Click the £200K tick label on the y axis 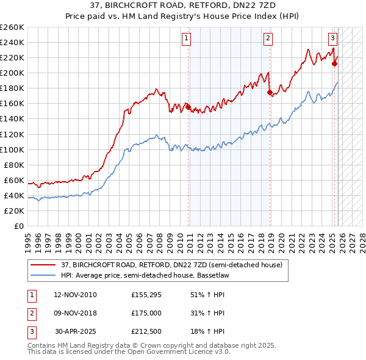(12, 73)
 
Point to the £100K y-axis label (12, 149)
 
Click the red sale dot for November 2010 (188, 107)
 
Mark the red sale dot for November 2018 (270, 92)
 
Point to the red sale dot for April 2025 (335, 63)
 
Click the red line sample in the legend (43, 265)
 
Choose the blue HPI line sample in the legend (43, 276)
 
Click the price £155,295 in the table (145, 295)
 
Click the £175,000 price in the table (145, 313)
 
